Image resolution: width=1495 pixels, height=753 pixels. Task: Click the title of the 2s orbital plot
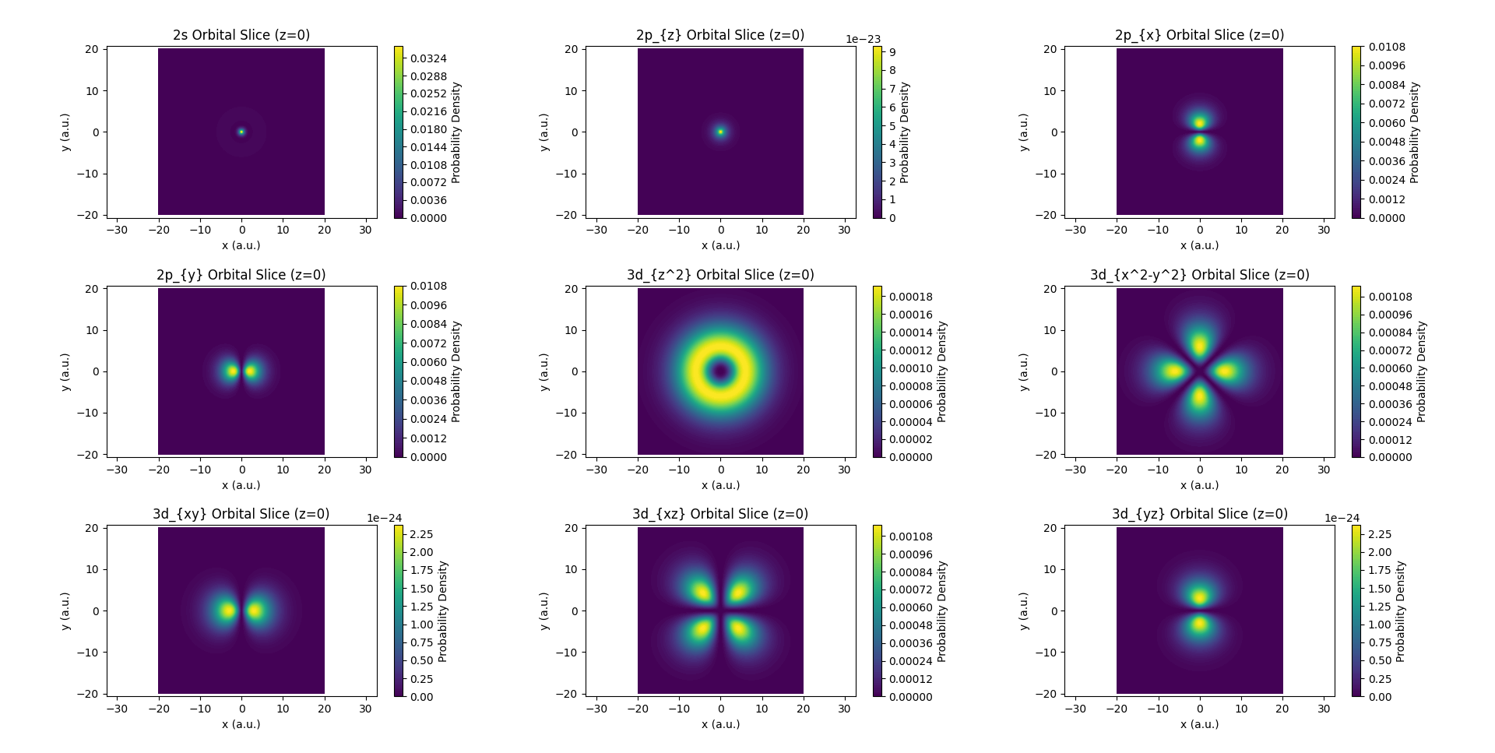tap(241, 35)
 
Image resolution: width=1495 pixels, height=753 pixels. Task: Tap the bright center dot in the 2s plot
tap(241, 132)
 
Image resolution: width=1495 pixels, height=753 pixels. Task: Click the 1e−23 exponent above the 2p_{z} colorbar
tap(863, 39)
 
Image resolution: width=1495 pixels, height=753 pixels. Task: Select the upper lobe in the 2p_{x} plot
tap(1200, 122)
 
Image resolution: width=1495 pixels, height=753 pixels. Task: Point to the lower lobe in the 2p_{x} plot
tap(1200, 141)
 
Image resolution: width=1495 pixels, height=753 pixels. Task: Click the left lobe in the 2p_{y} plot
tap(231, 371)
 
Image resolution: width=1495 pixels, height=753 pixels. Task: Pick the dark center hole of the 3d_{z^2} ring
tap(720, 371)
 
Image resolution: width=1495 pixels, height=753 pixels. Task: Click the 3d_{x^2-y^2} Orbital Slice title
tap(1199, 275)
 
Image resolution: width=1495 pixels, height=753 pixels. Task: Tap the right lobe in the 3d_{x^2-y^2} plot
tap(1226, 371)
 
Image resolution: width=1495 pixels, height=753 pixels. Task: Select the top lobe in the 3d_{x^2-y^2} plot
tap(1200, 345)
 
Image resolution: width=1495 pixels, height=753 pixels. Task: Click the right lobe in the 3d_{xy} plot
tap(255, 610)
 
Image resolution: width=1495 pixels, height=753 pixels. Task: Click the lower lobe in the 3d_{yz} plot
tap(1200, 624)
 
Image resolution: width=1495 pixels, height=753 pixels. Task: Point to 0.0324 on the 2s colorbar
tap(428, 58)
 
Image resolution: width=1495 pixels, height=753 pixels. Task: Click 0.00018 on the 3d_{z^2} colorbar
tap(911, 297)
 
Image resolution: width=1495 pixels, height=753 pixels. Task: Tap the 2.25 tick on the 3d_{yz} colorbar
tap(1380, 534)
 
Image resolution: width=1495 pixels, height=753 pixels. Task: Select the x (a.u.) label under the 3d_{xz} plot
tap(720, 724)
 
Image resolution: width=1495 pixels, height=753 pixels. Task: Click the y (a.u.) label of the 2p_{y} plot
tap(66, 371)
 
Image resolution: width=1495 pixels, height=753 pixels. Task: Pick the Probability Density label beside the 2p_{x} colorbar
tap(1414, 132)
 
